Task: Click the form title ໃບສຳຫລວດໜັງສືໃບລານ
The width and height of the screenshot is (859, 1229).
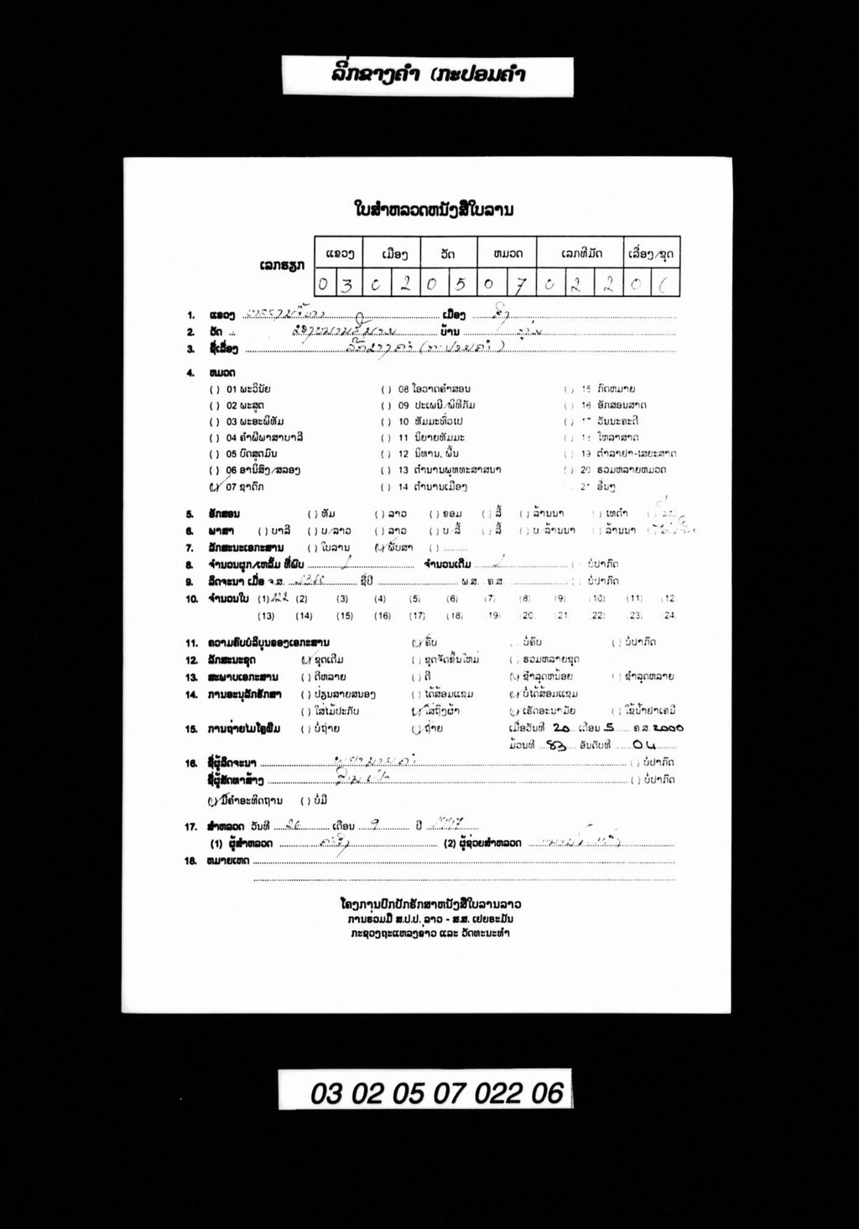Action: coord(434,209)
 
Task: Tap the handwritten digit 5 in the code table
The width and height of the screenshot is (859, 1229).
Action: coord(460,285)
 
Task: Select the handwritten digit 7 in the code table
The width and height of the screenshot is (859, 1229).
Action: coord(520,285)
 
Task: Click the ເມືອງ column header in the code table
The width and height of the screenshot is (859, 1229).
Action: coord(394,253)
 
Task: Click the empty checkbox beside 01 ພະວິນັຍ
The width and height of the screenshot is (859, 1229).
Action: coord(215,389)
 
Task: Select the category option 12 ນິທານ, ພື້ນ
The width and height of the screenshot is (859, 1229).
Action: coord(430,454)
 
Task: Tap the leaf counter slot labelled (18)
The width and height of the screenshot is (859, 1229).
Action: coord(454,616)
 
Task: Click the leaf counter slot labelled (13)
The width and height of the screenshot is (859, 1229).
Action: coord(267,616)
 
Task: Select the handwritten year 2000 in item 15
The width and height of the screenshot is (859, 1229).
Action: coord(667,727)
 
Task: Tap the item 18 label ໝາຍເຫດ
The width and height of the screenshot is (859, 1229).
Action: coord(226,861)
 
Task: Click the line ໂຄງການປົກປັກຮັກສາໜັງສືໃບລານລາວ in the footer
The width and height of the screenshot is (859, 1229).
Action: coord(430,904)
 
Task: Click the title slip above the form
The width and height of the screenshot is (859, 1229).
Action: coord(428,76)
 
